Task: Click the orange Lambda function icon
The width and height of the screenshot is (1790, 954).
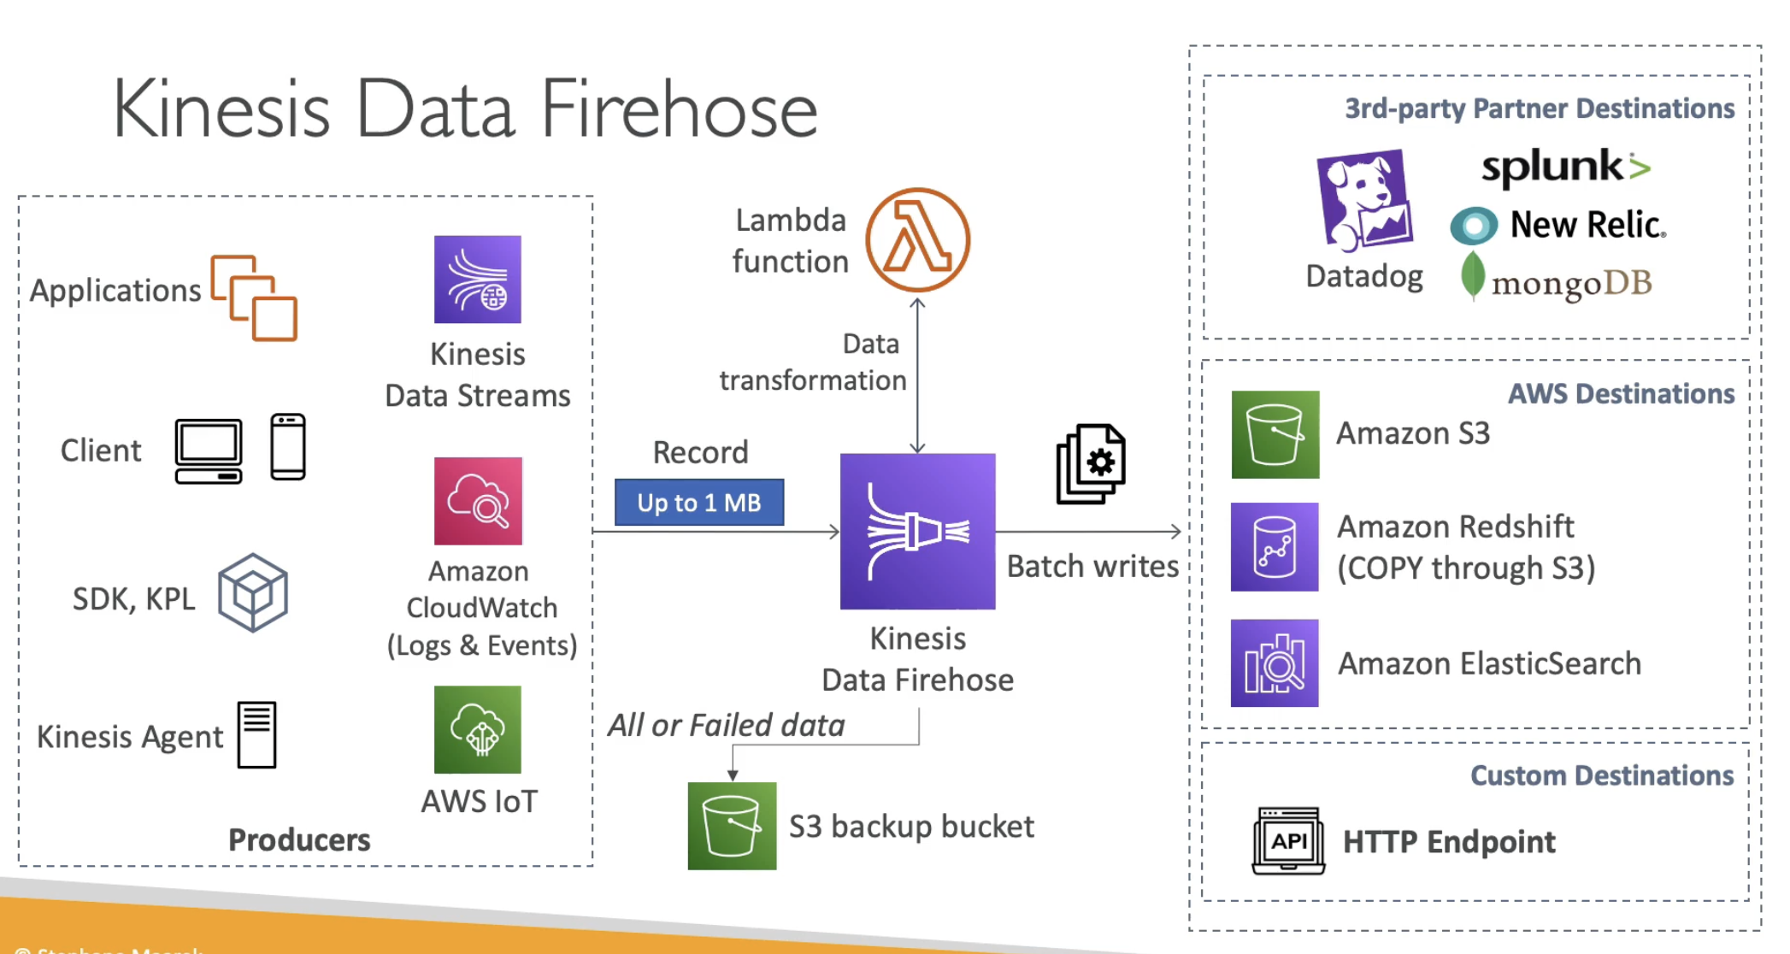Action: click(917, 240)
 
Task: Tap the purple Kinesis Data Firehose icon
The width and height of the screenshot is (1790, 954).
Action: click(917, 531)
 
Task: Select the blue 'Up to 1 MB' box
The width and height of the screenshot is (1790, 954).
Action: click(698, 503)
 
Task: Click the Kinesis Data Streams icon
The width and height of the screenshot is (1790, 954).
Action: click(477, 280)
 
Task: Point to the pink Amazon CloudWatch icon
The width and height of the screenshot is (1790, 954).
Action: click(478, 501)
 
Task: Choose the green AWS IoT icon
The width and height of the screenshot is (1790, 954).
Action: click(477, 729)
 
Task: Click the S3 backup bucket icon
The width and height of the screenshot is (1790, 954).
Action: click(732, 826)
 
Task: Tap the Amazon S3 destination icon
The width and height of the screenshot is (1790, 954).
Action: click(1275, 434)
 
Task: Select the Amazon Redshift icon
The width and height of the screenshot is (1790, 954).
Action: click(1274, 547)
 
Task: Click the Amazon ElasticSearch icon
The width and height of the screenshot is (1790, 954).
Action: click(1274, 663)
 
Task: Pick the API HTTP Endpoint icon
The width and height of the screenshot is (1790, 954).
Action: click(1288, 841)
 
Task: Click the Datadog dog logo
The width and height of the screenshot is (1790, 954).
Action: click(1364, 201)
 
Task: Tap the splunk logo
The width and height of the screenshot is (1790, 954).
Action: click(1564, 167)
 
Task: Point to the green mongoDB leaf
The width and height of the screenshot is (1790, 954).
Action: click(1472, 275)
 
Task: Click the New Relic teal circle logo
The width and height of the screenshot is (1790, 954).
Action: click(1474, 226)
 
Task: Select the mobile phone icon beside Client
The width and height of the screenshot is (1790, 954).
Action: click(288, 447)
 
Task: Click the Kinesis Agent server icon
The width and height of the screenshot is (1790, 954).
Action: click(256, 735)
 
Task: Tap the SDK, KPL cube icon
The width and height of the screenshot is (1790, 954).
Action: click(252, 592)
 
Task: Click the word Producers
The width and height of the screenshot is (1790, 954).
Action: click(299, 839)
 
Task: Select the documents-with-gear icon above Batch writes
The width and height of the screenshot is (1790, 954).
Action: click(1091, 463)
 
